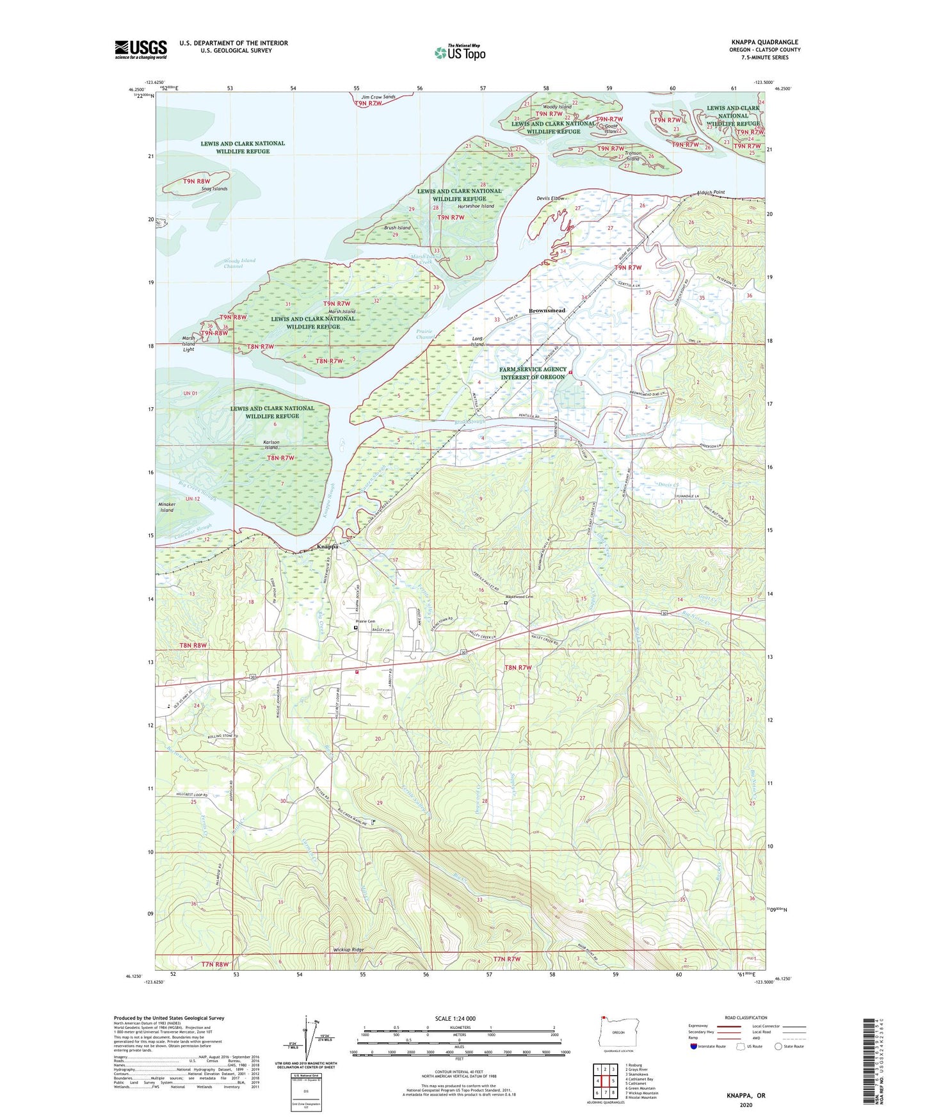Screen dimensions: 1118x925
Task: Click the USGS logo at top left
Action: (141, 49)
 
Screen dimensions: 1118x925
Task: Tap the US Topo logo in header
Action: (460, 53)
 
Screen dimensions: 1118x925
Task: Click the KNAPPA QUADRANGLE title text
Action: (764, 42)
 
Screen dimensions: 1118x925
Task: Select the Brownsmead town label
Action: (547, 311)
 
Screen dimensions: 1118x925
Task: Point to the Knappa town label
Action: (327, 547)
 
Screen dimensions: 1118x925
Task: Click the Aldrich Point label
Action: (711, 192)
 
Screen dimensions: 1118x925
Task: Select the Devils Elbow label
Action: (551, 198)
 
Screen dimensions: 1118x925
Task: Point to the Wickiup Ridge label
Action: (348, 949)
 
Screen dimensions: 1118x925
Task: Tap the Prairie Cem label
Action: (366, 621)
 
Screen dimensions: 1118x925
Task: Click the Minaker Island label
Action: (167, 507)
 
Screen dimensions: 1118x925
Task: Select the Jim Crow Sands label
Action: (378, 97)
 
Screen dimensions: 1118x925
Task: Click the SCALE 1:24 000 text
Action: (455, 1018)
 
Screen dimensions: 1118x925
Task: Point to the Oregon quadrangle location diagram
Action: (618, 1032)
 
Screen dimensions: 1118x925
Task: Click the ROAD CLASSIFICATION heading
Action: (746, 1017)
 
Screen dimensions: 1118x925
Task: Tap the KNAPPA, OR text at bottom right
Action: (746, 1095)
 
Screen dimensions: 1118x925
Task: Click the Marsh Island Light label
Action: (188, 344)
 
